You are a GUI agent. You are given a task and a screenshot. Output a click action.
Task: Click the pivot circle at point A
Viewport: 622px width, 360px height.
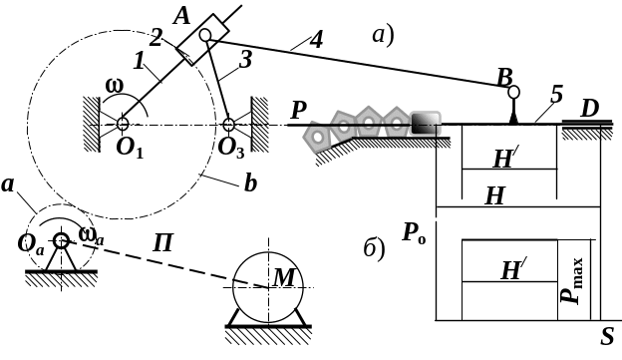(x=205, y=35)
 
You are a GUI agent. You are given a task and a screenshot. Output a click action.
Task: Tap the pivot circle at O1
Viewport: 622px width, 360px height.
(x=123, y=125)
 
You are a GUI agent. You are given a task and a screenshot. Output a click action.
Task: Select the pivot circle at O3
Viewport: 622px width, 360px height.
(x=229, y=125)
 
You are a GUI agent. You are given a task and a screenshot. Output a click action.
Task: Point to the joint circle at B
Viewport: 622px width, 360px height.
(x=513, y=93)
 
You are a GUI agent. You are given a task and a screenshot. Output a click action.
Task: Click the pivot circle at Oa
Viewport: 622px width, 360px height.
(x=61, y=240)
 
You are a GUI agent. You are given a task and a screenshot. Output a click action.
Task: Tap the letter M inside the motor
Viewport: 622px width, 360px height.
(x=284, y=277)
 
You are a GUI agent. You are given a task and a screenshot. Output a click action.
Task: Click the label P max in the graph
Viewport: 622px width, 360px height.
(x=573, y=280)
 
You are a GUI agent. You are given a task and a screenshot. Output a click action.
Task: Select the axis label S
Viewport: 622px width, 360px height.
(x=607, y=337)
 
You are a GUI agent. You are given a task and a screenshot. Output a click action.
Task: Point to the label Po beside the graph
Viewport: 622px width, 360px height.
(x=414, y=232)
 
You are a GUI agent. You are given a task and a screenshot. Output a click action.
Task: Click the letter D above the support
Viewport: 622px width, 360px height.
(x=589, y=109)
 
